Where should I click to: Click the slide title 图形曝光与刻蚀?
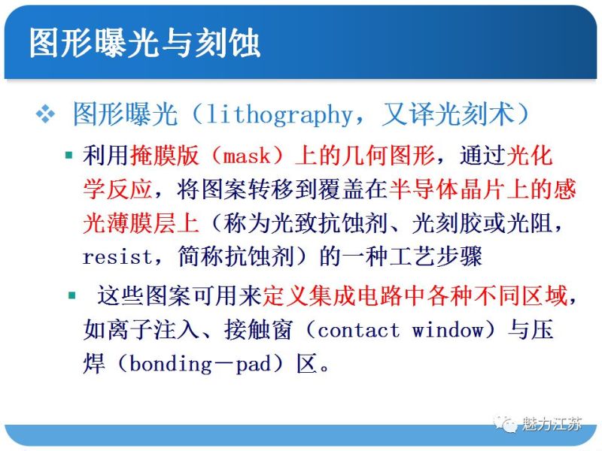click(144, 43)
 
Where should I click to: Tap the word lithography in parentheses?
click(279, 115)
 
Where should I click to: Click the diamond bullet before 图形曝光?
click(46, 115)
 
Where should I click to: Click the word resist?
click(117, 256)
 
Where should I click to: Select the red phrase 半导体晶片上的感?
click(482, 190)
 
